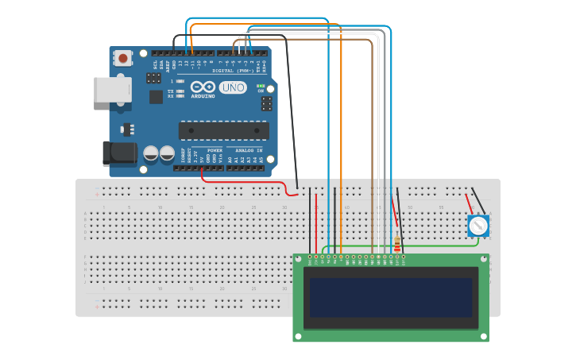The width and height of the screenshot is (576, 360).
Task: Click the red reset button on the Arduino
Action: coord(123,58)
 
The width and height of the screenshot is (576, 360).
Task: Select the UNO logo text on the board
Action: coord(233,87)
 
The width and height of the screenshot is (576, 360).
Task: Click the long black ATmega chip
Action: coord(223,130)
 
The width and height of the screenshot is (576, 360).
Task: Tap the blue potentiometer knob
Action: coord(477,226)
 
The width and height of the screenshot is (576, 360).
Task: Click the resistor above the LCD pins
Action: coord(397,244)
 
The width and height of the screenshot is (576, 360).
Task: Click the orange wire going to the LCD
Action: coord(341,143)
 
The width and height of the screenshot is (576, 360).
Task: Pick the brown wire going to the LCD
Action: coord(372,143)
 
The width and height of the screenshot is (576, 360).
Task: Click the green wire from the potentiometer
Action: coord(429,246)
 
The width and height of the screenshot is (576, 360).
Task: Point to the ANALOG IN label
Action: coord(248,149)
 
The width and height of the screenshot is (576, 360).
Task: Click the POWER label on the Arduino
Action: coord(215,149)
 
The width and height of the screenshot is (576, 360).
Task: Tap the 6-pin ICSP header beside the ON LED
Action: coord(266,103)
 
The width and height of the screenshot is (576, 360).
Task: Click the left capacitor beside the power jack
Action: coord(151,153)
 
